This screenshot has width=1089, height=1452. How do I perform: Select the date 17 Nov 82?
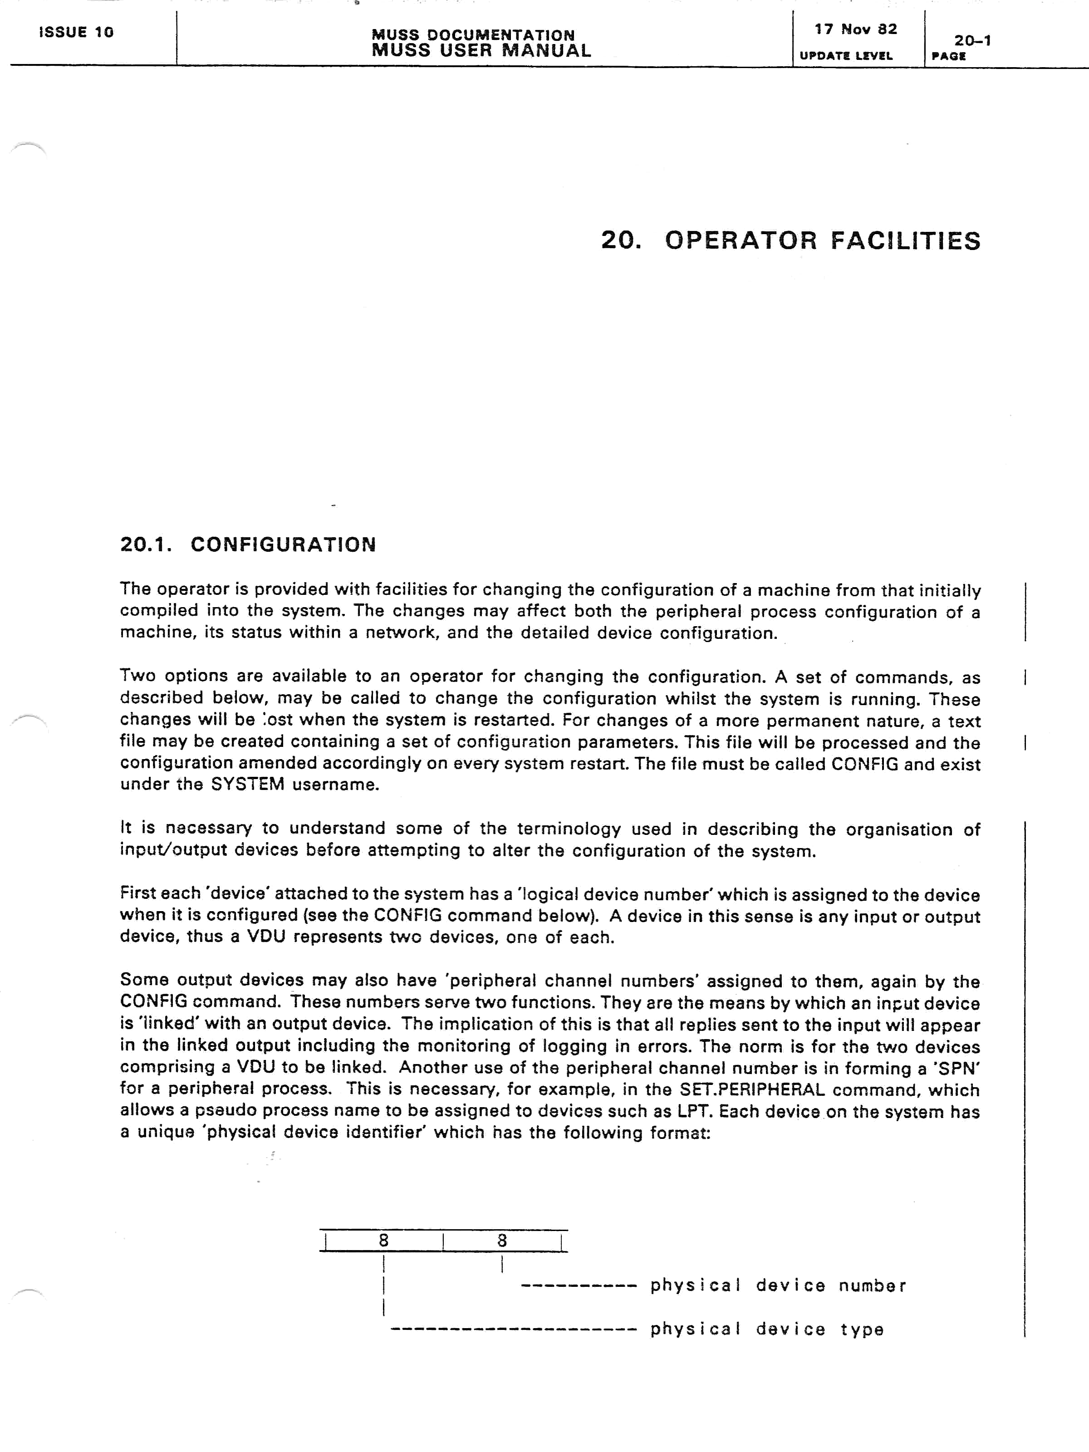[855, 29]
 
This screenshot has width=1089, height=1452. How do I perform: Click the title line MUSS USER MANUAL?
[481, 50]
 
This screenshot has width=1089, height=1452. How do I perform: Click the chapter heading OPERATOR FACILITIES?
[823, 241]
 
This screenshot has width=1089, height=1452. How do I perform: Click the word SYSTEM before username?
[247, 785]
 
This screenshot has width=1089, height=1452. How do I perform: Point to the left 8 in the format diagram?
[384, 1240]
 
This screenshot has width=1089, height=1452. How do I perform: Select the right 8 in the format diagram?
[502, 1240]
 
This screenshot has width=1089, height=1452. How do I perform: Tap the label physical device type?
[767, 1329]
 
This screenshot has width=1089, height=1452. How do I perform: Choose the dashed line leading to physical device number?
[579, 1286]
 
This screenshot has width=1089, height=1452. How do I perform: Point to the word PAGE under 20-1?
[948, 56]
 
